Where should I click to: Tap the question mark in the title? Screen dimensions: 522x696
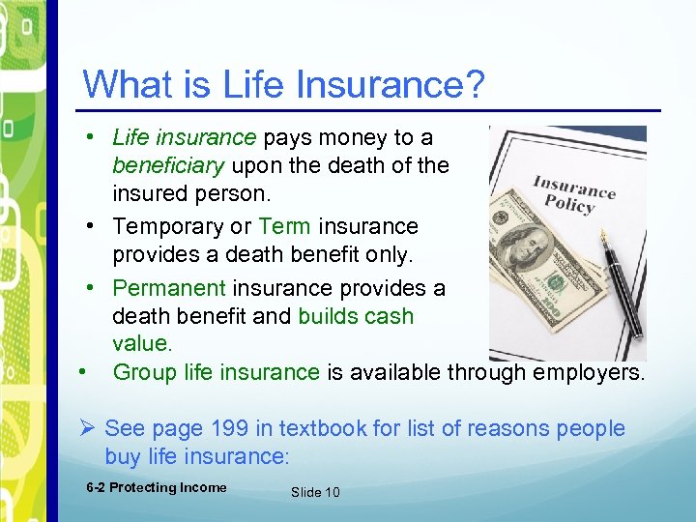[475, 84]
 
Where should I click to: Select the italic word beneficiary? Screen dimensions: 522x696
[168, 165]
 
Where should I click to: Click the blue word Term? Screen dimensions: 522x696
[284, 226]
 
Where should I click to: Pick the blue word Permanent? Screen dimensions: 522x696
[169, 288]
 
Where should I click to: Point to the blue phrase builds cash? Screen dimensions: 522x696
[355, 316]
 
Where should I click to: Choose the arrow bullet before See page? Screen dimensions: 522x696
[89, 428]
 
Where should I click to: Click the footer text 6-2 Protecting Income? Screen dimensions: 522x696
[156, 488]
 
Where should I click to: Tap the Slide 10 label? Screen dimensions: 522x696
[315, 492]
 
